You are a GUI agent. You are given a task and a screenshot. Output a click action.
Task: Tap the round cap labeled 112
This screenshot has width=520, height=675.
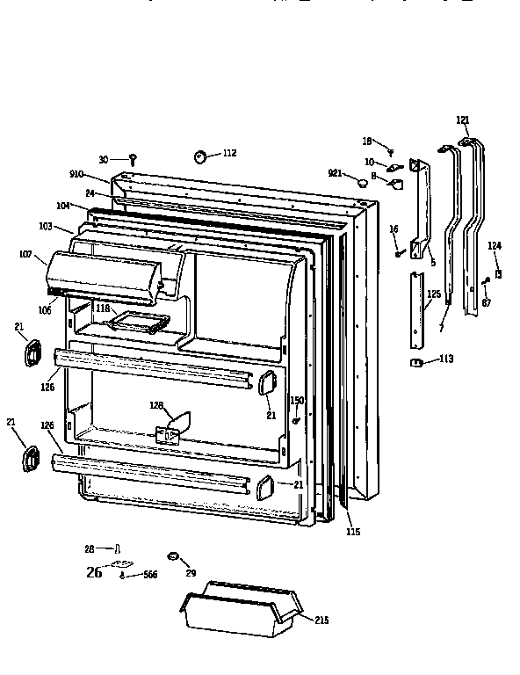(200, 157)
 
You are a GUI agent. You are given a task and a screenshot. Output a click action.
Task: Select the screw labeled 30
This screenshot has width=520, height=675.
(132, 160)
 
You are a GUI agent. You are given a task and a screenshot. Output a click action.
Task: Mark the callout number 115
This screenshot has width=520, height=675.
(353, 532)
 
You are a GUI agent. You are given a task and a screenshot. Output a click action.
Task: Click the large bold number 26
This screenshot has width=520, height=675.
(95, 572)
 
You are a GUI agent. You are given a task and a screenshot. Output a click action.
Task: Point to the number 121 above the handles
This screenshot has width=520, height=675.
(463, 120)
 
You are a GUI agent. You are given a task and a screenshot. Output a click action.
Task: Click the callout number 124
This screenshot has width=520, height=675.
(495, 246)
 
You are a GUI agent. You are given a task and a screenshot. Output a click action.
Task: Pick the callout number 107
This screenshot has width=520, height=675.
(26, 256)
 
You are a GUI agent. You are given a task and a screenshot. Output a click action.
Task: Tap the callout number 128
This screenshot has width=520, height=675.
(156, 405)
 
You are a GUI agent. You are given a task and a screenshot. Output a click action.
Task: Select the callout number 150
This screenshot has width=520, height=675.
(297, 400)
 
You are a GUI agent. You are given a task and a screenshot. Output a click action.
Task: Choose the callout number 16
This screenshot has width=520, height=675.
(394, 229)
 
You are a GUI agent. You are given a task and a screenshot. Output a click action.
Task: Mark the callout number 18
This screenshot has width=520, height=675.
(368, 141)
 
